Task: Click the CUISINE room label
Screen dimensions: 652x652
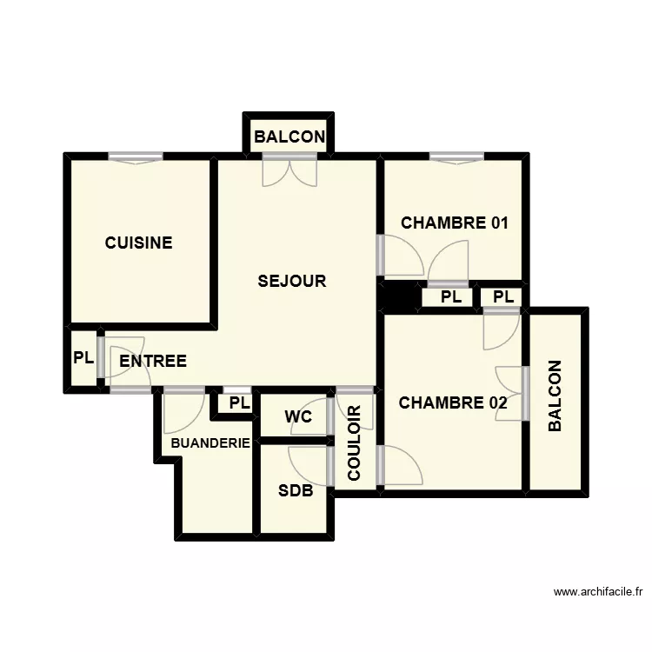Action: point(138,243)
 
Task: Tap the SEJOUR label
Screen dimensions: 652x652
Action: point(292,281)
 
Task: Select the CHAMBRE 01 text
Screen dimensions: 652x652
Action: point(454,223)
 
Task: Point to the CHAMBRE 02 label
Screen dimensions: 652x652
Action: point(452,403)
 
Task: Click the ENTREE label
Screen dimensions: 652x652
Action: point(153,361)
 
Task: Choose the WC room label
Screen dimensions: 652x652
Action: point(298,416)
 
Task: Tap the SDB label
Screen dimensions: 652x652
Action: point(295,490)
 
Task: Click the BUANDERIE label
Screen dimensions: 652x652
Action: point(210,443)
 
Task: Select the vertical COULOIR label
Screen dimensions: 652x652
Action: point(354,443)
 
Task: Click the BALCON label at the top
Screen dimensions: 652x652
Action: point(289,136)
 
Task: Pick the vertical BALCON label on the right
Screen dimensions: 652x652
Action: point(556,396)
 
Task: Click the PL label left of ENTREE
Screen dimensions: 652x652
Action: point(83,357)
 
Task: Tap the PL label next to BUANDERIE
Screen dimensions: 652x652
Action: point(239,403)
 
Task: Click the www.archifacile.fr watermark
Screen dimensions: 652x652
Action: point(597,592)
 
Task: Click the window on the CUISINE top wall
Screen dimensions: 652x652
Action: point(136,157)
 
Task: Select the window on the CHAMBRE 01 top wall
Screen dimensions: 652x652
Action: point(456,157)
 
